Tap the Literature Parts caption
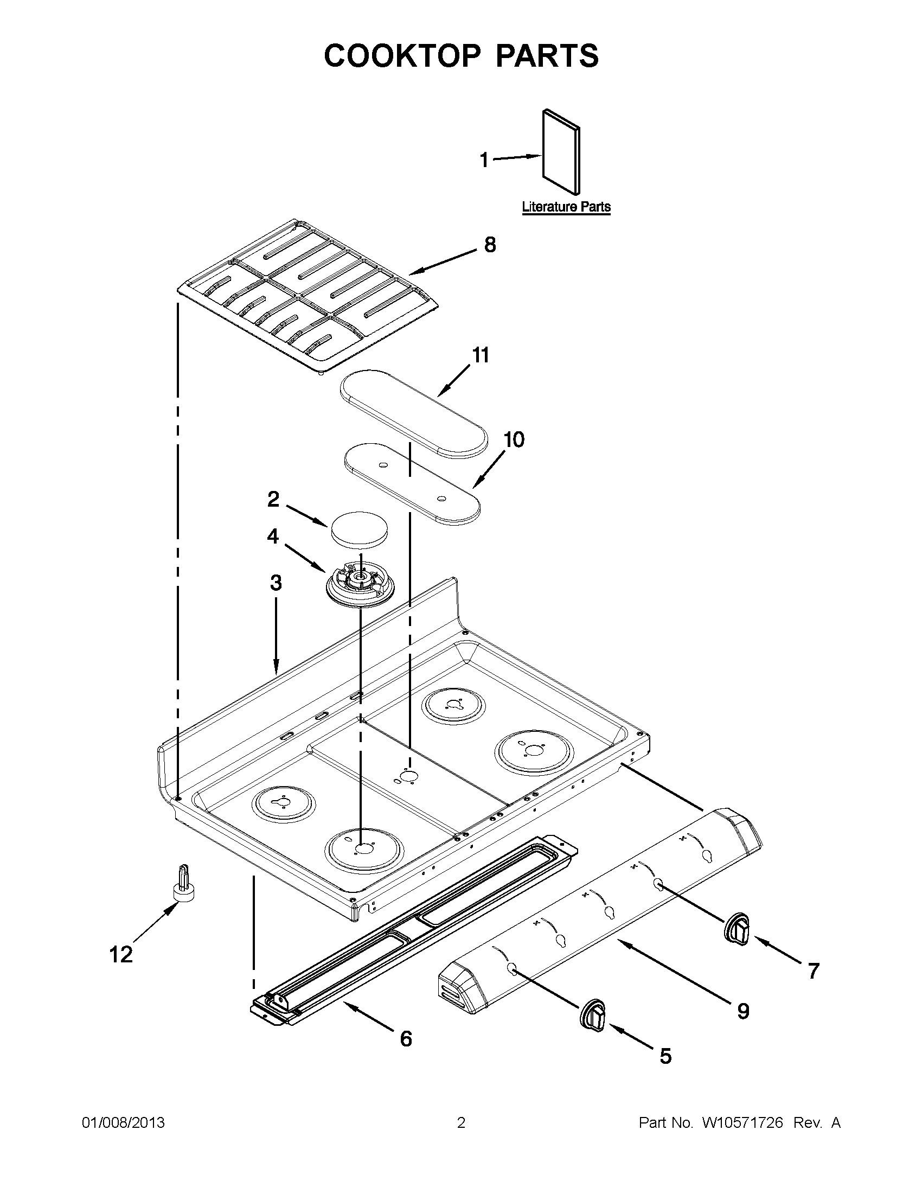coord(566,207)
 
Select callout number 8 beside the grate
coord(490,244)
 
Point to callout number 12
coord(121,955)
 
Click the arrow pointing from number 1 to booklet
coord(516,158)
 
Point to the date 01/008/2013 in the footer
coord(123,1123)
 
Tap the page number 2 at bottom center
coord(460,1123)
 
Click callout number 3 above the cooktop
coord(276,583)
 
